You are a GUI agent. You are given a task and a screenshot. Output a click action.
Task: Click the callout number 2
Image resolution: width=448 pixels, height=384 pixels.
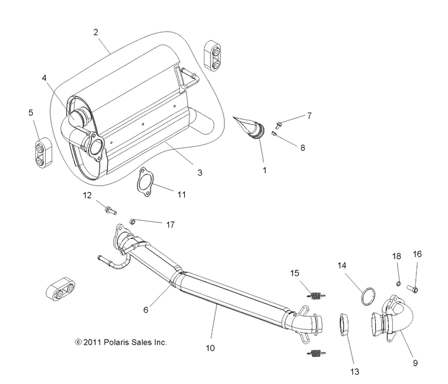(95, 32)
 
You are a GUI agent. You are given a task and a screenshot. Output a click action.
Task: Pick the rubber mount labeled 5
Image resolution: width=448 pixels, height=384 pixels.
(40, 146)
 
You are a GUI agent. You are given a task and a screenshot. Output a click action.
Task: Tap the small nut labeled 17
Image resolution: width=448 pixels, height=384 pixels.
(133, 221)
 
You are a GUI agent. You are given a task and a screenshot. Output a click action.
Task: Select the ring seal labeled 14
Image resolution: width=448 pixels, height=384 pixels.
(366, 295)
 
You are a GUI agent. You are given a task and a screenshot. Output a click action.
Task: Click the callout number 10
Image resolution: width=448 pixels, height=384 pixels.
(210, 348)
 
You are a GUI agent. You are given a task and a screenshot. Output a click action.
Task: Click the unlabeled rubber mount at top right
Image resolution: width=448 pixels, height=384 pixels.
(212, 55)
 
